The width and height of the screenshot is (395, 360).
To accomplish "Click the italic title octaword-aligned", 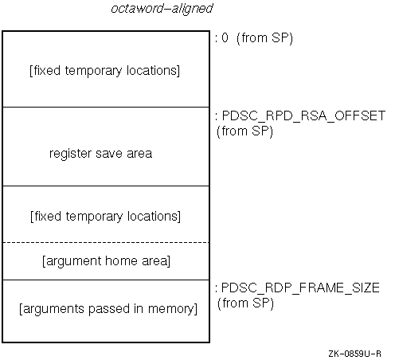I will [x=161, y=10].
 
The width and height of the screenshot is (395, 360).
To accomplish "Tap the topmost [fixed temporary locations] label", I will [x=104, y=70].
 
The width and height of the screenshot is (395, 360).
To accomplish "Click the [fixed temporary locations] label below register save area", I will [x=104, y=216].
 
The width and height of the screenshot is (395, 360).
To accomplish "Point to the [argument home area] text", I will [x=105, y=260].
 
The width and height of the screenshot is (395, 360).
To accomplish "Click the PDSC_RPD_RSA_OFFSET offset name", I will [x=303, y=116].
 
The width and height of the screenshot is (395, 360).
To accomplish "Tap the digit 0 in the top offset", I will [x=226, y=37].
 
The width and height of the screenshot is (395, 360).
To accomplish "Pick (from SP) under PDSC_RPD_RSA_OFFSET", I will [x=244, y=131].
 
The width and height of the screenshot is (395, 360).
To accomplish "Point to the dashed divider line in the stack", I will [x=105, y=242].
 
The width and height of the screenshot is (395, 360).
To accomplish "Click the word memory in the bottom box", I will [x=175, y=308].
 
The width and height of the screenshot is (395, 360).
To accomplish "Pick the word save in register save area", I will [x=110, y=153].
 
